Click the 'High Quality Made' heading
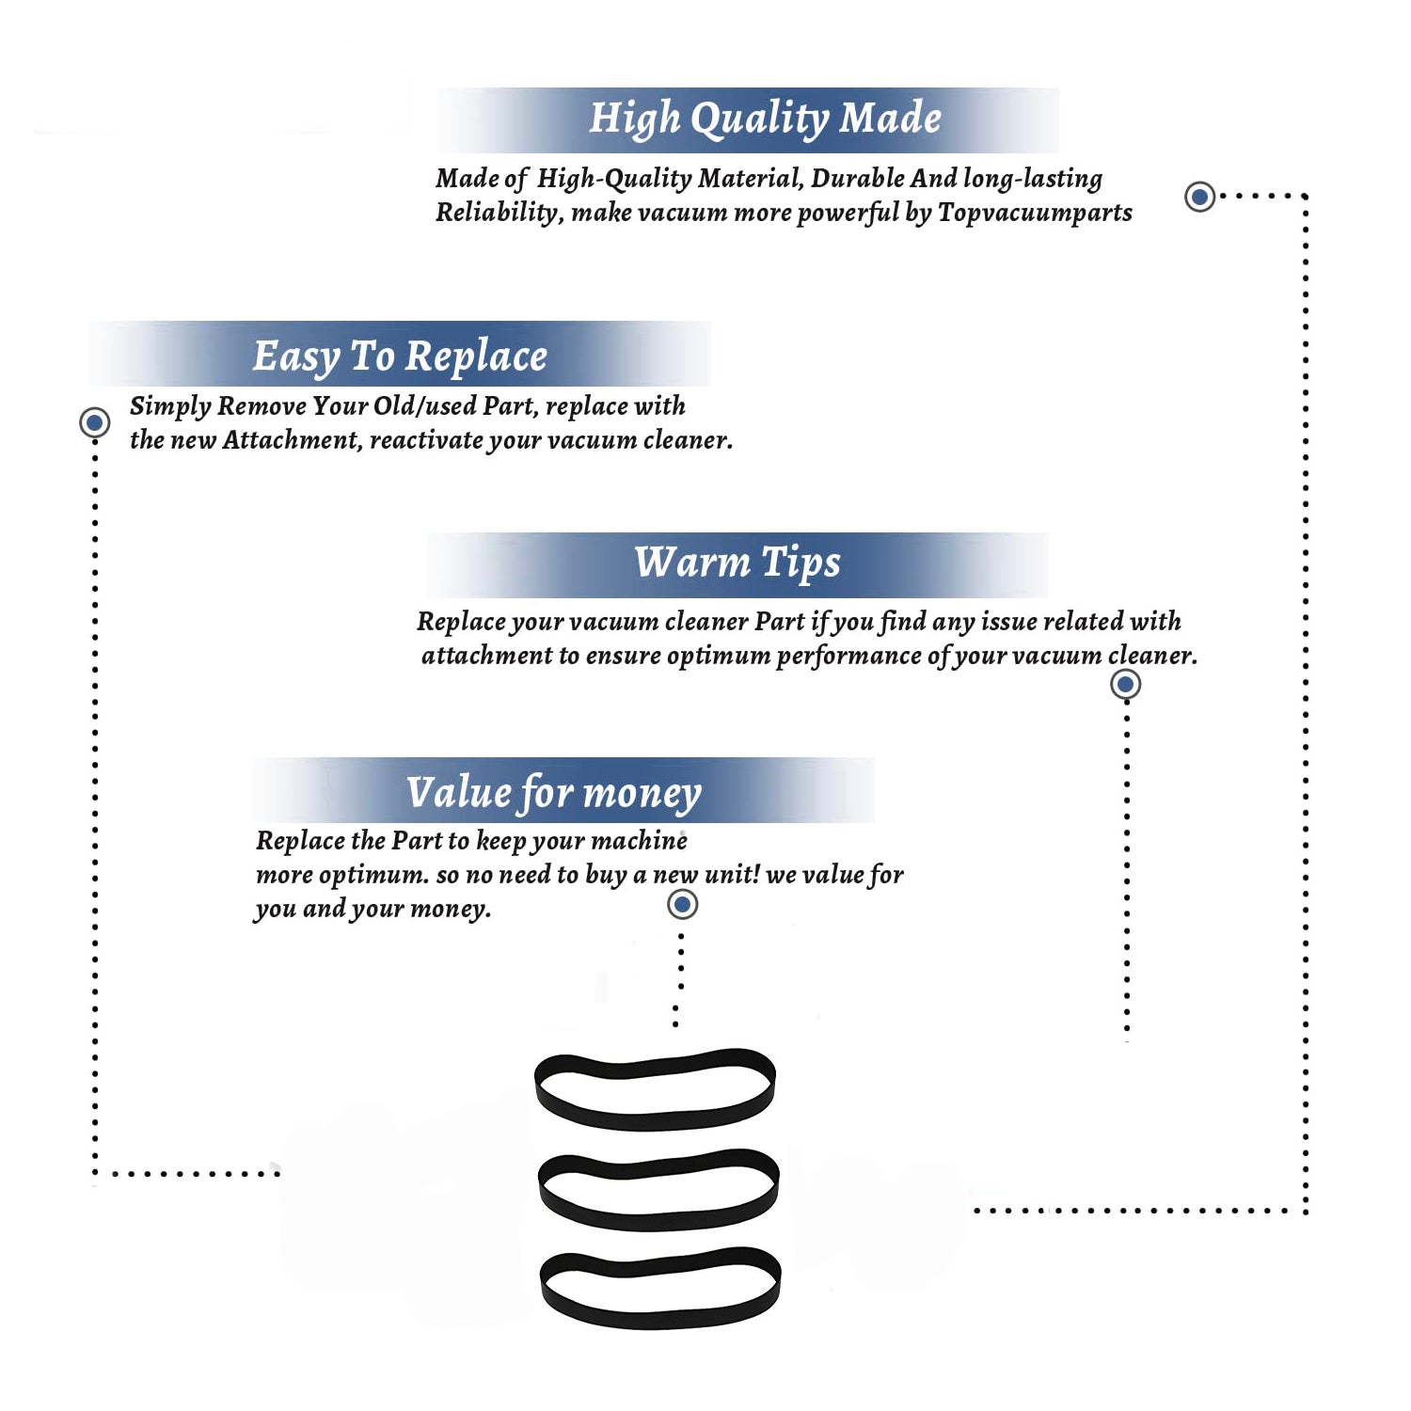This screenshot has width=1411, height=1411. [x=765, y=119]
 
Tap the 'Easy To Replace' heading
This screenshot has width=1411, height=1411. [x=400, y=357]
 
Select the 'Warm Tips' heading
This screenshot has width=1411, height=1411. [x=737, y=563]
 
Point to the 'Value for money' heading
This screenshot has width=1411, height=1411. [x=554, y=793]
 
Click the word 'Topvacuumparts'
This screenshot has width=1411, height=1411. [x=1035, y=214]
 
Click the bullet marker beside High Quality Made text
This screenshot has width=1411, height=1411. [x=1199, y=197]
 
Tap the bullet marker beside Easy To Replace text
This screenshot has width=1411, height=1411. [x=94, y=422]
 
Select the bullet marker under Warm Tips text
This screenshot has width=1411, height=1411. [x=1125, y=684]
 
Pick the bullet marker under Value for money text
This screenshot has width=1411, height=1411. [x=682, y=905]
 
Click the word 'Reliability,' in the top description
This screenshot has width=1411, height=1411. [x=499, y=214]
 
